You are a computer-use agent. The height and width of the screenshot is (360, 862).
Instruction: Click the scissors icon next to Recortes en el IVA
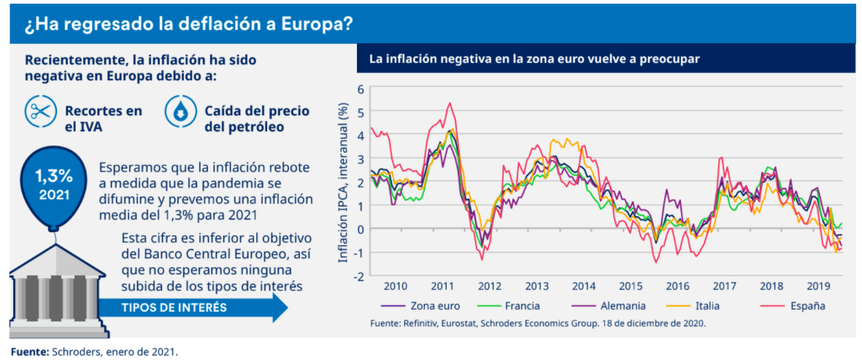[x=42, y=111]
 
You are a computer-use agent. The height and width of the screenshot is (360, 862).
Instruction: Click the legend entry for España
[x=806, y=305]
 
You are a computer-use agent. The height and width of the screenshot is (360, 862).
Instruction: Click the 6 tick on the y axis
[x=359, y=89]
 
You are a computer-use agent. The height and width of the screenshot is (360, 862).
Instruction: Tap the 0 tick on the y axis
[x=359, y=229]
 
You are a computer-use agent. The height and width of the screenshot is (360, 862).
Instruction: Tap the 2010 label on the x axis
[x=396, y=286]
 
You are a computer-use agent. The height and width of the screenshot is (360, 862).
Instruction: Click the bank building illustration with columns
[x=52, y=288]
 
